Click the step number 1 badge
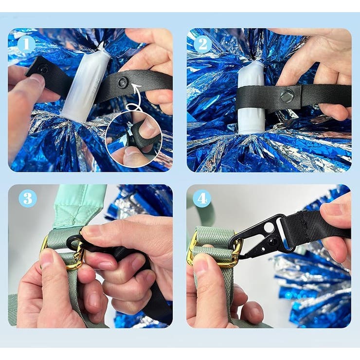click(26, 44)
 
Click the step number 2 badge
click(203, 44)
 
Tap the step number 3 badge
click(28, 198)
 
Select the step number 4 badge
click(202, 198)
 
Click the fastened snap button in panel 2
click(287, 95)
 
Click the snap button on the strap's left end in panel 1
click(42, 69)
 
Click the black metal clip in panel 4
click(264, 236)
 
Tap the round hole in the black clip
click(269, 227)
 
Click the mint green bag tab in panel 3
click(79, 207)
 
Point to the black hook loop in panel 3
click(74, 242)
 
